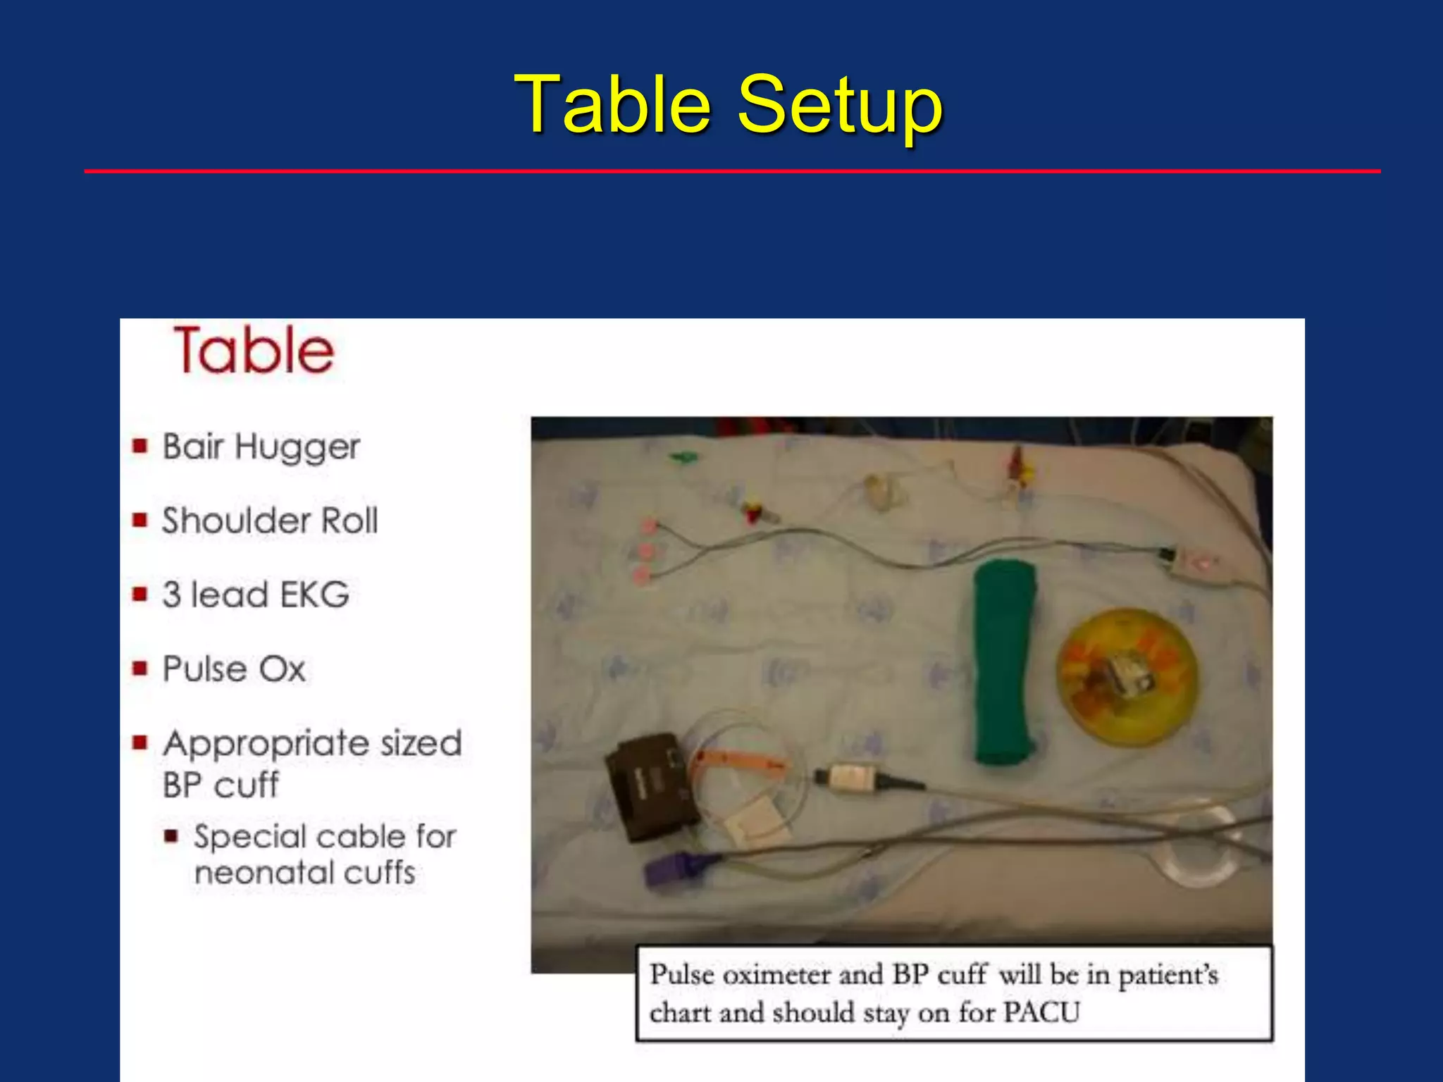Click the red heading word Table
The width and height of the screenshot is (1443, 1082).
[254, 350]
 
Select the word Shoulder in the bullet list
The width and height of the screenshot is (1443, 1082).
[235, 521]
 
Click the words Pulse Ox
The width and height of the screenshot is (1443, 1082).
[234, 669]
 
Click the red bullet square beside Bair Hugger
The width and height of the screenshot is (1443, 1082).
[140, 446]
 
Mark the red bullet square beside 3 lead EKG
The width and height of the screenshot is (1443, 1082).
[140, 595]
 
